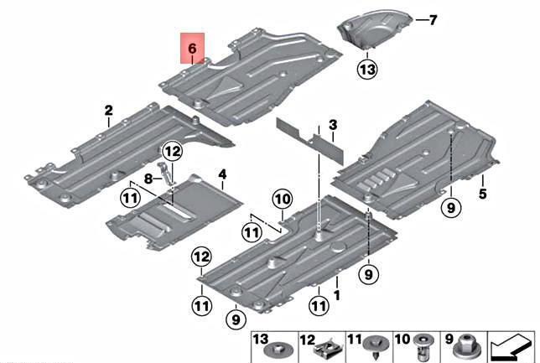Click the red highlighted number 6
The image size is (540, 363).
tap(192, 49)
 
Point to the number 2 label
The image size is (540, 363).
tap(108, 111)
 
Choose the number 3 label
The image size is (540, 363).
tap(333, 126)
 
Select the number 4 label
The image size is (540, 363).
tap(222, 174)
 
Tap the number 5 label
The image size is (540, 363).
tap(483, 194)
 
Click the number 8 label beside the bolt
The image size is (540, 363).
tap(147, 178)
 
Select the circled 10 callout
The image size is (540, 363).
tap(281, 199)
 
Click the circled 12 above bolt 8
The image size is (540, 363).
tap(172, 152)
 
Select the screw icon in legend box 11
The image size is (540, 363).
tap(373, 348)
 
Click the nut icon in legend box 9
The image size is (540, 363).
tap(466, 348)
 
